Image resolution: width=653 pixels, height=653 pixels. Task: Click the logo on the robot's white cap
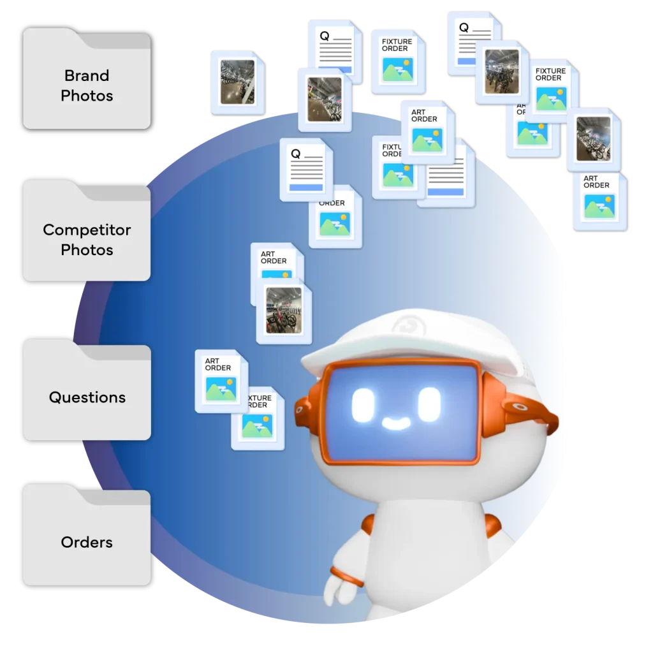404,326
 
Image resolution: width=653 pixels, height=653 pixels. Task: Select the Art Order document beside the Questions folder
221,381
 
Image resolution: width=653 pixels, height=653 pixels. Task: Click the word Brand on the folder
87,75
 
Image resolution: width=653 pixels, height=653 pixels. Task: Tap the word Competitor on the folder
87,230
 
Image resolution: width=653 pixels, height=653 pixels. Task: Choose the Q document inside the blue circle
306,169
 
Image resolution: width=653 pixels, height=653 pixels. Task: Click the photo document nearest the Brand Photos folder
237,82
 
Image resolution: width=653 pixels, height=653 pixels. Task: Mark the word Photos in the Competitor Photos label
87,250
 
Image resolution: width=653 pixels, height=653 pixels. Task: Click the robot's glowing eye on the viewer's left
361,402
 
